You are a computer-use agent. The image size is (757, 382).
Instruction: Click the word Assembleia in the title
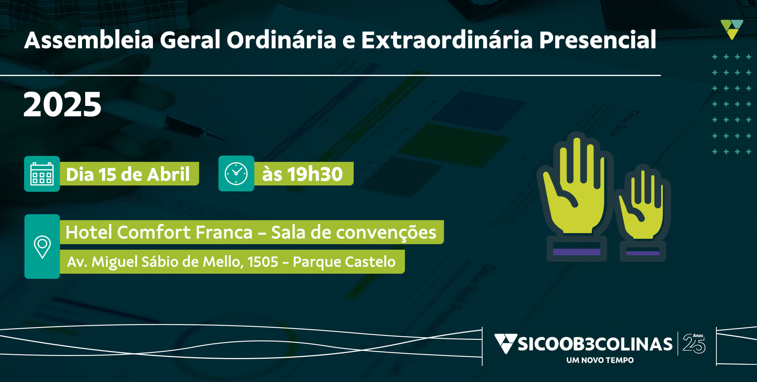click(89, 40)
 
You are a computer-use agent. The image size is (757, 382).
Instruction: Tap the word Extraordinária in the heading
click(447, 40)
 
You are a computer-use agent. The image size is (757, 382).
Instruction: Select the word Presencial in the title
click(598, 40)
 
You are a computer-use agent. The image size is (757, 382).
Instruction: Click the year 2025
click(62, 104)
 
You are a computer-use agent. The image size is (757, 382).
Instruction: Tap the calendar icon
click(42, 174)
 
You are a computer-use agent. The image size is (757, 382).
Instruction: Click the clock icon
click(236, 173)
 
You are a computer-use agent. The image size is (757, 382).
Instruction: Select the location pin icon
click(42, 247)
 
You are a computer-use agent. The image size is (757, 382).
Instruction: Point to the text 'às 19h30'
click(302, 174)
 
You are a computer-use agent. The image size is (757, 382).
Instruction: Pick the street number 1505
click(263, 262)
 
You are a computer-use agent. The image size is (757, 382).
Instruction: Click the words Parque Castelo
click(344, 262)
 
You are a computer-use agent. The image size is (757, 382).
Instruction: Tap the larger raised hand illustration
click(575, 197)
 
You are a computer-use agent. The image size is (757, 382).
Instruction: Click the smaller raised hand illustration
click(643, 213)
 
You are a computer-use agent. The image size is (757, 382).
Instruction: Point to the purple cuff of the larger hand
click(577, 252)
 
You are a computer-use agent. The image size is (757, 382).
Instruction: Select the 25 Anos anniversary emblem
click(694, 343)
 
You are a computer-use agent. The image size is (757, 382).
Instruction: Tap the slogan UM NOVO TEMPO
click(600, 360)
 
